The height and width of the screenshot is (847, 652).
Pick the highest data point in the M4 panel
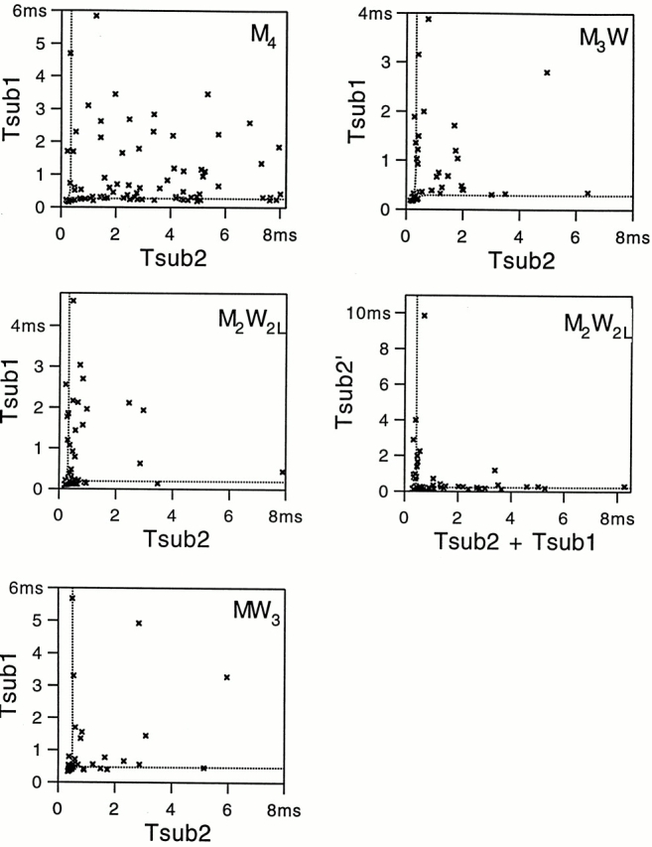(96, 16)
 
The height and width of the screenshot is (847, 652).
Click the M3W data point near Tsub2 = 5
(547, 72)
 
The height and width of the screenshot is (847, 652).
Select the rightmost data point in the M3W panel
(587, 193)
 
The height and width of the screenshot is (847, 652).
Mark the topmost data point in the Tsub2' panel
(425, 316)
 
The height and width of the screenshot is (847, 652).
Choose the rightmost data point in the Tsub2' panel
(624, 487)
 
